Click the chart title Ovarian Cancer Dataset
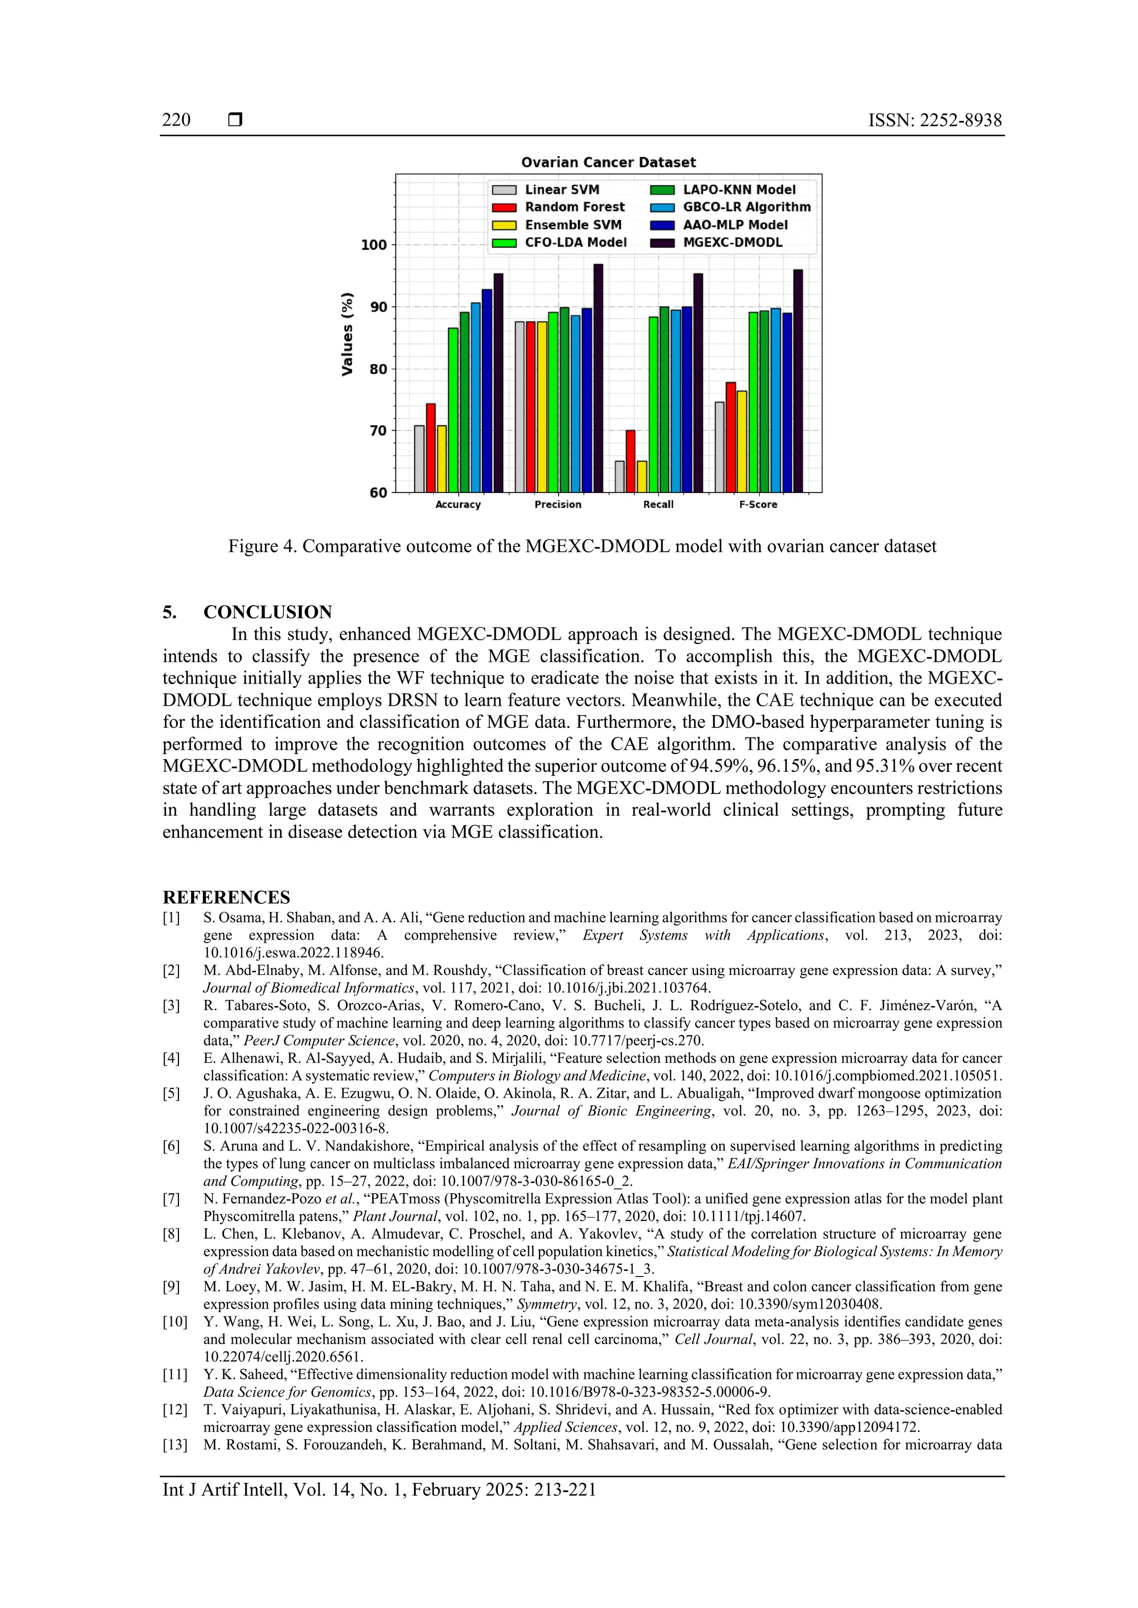608,163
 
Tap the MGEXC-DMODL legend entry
732,242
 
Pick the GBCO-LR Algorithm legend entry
746,207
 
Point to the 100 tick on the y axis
373,245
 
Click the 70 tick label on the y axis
378,431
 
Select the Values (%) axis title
347,334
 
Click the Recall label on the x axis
658,504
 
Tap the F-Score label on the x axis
758,504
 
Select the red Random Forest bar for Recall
631,461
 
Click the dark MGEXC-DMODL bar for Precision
598,378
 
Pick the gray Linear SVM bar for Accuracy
419,459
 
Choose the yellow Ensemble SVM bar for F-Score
742,441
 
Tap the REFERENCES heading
226,897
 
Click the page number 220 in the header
176,120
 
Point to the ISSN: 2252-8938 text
935,120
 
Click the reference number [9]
172,1287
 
